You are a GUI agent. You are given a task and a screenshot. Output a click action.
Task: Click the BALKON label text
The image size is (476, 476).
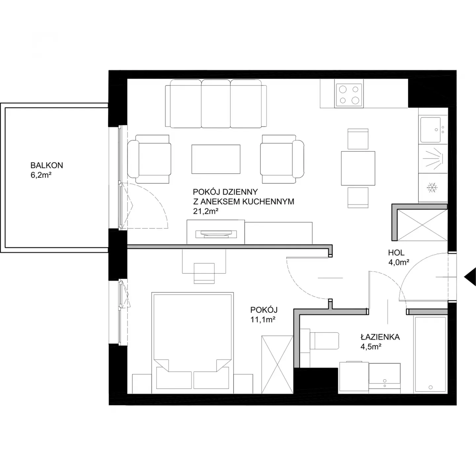[x=47, y=165]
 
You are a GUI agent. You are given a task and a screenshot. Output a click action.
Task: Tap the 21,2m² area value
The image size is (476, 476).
[x=206, y=211]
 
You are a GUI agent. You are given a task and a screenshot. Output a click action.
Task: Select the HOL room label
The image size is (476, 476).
[x=396, y=253]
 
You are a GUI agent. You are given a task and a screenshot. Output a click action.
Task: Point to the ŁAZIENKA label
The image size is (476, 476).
[x=380, y=337]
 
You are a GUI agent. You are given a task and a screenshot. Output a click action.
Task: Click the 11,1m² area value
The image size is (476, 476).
[x=263, y=320]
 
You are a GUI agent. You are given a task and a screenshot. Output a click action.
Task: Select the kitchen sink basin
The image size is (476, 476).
[x=430, y=130]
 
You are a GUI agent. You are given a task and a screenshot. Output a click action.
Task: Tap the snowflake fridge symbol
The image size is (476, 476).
[x=432, y=188]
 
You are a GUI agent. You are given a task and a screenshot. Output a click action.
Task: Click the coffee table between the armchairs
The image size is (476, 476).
[x=216, y=159]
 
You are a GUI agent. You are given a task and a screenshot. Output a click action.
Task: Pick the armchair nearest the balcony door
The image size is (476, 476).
[x=149, y=159]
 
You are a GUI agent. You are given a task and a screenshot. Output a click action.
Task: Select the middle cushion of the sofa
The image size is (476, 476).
[x=216, y=104]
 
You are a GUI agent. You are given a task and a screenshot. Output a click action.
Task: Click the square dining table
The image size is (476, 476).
[x=358, y=168]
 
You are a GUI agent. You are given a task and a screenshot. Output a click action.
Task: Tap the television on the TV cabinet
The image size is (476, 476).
[x=216, y=234]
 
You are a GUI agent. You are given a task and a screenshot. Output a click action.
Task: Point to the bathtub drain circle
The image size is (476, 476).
[x=431, y=387]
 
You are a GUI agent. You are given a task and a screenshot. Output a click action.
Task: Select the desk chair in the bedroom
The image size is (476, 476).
[x=204, y=273]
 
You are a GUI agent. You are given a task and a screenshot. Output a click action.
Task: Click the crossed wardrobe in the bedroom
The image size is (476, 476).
[x=277, y=364]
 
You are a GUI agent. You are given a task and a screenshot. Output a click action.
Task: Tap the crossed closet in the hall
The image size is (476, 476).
[x=422, y=225]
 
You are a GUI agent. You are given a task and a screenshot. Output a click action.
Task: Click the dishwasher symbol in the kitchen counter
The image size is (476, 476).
[x=433, y=159]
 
